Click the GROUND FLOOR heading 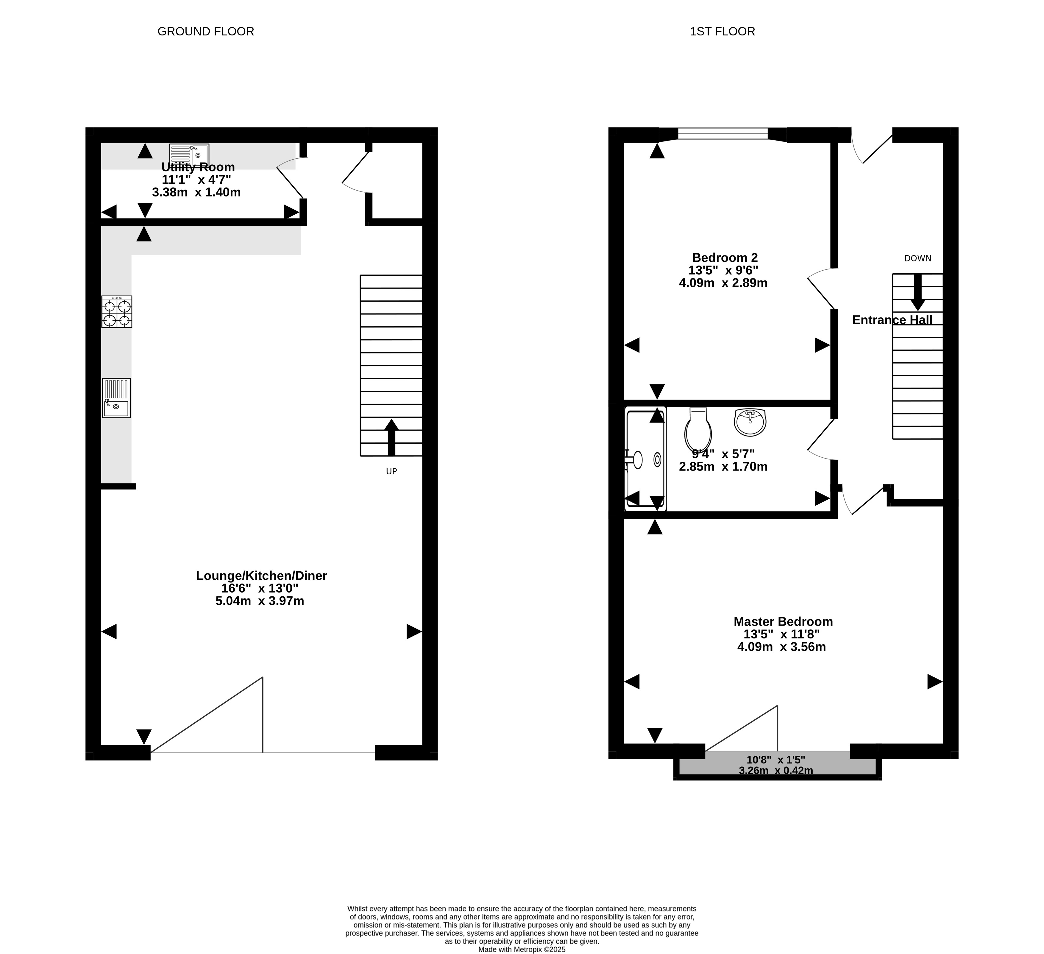tap(206, 32)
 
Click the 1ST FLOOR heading tap(722, 32)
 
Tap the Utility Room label tap(198, 167)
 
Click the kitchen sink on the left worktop tap(116, 398)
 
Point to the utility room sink tap(189, 154)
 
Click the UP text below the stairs tap(391, 471)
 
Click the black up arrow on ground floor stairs tap(391, 438)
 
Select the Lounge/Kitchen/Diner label tap(261, 575)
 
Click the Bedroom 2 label tap(725, 257)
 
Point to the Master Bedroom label tap(783, 621)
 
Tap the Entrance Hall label tap(892, 320)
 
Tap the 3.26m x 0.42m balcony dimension tap(776, 771)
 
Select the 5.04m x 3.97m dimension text tap(260, 601)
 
